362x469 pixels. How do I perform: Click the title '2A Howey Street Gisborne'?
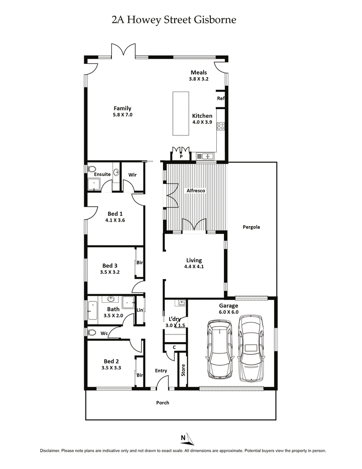coord(174,20)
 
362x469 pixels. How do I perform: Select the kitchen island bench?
coord(181,113)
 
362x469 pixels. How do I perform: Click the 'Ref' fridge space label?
coord(220,98)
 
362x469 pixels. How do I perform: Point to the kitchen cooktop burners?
coord(221,126)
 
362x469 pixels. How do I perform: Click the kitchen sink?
coord(208,156)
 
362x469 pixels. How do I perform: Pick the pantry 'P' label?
coord(181,156)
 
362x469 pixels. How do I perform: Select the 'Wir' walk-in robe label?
coord(133,174)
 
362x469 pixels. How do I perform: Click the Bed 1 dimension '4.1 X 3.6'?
coord(115,220)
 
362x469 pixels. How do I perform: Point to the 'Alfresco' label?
coord(196,191)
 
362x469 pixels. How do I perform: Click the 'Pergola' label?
coord(252,227)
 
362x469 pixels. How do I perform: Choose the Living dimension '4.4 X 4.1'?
coord(194,267)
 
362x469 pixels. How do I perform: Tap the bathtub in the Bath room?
coord(92,310)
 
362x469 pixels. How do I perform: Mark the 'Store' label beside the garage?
coord(183,370)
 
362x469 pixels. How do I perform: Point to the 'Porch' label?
coord(162,402)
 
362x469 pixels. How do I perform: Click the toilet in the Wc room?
coord(92,333)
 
